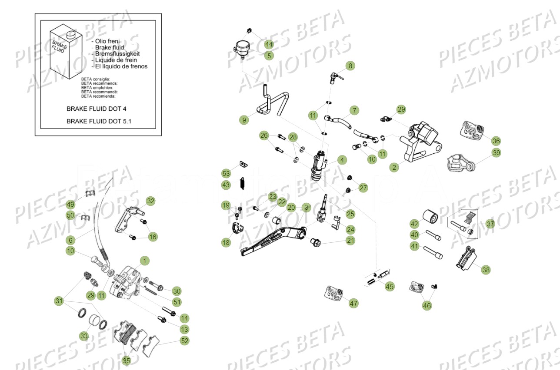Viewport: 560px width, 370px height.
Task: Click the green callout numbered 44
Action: coord(269,44)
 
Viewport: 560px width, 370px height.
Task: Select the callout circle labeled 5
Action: coord(269,56)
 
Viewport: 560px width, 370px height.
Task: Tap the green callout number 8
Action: coord(350,66)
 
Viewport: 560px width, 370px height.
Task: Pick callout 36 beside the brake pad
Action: coord(496,141)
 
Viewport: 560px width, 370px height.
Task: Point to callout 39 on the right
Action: coord(496,153)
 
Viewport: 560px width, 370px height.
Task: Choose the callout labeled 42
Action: coord(414,224)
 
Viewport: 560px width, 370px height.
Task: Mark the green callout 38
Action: coord(486,270)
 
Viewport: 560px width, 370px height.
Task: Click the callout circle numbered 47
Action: coord(353,303)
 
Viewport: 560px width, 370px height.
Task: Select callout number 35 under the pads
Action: coord(126,360)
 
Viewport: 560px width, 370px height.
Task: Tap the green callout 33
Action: coord(84,336)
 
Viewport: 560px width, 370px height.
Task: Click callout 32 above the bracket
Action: coord(150,201)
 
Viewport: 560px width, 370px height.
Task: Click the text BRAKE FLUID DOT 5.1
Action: coord(99,122)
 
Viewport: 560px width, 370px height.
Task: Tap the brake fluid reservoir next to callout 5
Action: coord(240,47)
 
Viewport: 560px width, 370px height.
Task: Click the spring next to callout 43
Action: coord(241,184)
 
